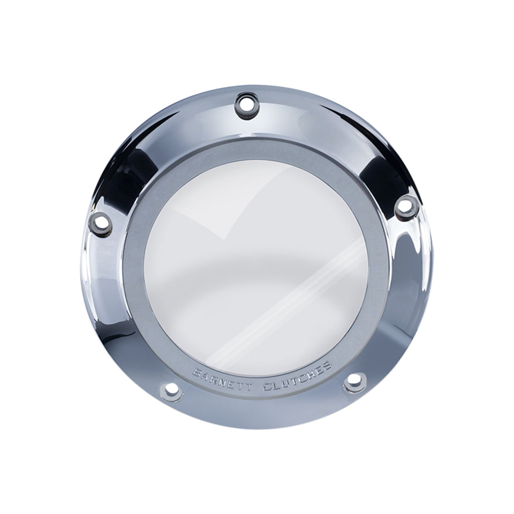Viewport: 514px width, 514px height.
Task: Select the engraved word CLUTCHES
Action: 297,377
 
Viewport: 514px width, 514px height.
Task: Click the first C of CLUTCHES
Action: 268,387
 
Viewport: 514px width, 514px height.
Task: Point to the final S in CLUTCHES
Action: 326,366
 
